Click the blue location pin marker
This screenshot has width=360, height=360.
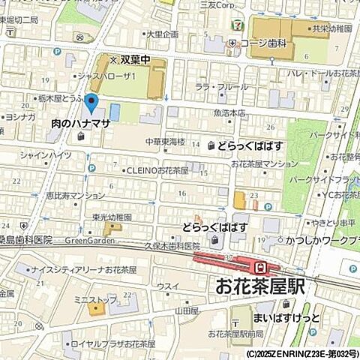pos(91,104)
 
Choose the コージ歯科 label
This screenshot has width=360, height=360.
pos(264,43)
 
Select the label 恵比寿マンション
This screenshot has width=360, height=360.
pos(74,195)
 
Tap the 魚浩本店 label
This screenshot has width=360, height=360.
pos(229,113)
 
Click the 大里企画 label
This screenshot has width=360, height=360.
pos(162,34)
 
